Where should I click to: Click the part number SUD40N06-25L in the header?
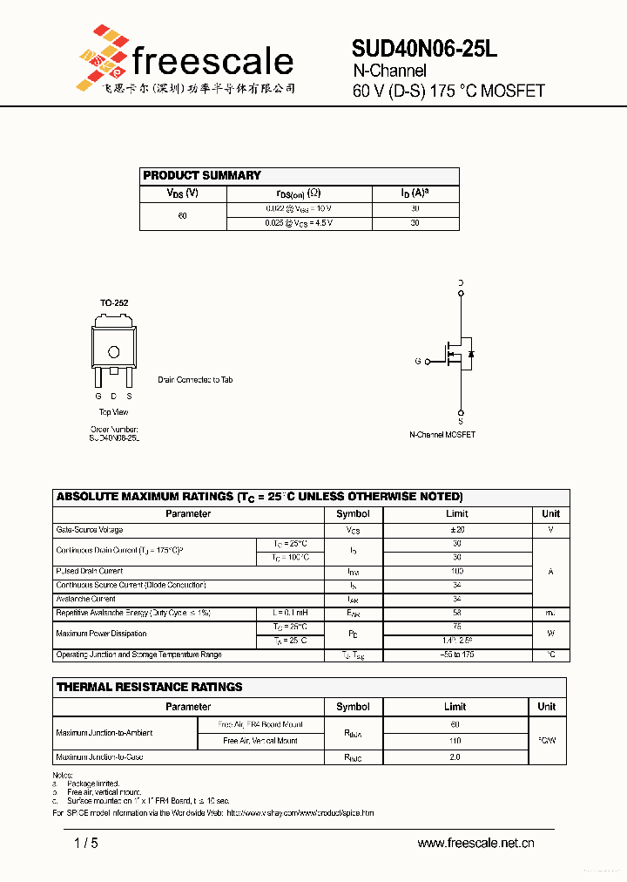pyautogui.click(x=425, y=50)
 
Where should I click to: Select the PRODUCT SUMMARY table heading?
pyautogui.click(x=202, y=175)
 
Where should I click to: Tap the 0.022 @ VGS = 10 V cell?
pyautogui.click(x=299, y=209)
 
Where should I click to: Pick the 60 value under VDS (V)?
pyautogui.click(x=182, y=216)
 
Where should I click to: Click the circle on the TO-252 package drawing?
pyautogui.click(x=113, y=352)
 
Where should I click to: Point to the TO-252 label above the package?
pyautogui.click(x=113, y=303)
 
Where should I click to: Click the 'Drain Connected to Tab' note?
pyautogui.click(x=195, y=380)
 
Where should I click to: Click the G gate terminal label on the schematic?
pyautogui.click(x=418, y=361)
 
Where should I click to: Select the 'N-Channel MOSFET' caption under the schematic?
pyautogui.click(x=442, y=434)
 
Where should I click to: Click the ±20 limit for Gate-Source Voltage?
pyautogui.click(x=457, y=530)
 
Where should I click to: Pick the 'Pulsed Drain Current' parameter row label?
pyautogui.click(x=90, y=572)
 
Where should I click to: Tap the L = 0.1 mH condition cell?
pyautogui.click(x=290, y=614)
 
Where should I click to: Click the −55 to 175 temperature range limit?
pyautogui.click(x=457, y=655)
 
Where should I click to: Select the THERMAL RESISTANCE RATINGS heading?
pyautogui.click(x=150, y=687)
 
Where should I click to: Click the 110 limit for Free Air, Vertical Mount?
pyautogui.click(x=455, y=741)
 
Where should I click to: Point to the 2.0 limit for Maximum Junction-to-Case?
pyautogui.click(x=455, y=757)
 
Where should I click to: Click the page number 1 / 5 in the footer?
pyautogui.click(x=86, y=843)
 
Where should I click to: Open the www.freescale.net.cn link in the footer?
pyautogui.click(x=475, y=843)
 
